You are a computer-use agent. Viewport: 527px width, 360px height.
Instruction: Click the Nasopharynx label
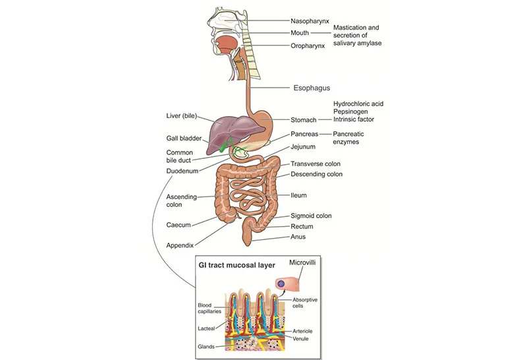point(310,20)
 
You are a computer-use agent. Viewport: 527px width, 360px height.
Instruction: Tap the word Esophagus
point(312,87)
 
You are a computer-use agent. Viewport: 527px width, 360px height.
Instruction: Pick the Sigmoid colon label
point(312,216)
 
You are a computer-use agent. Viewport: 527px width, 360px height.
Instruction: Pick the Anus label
point(298,237)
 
